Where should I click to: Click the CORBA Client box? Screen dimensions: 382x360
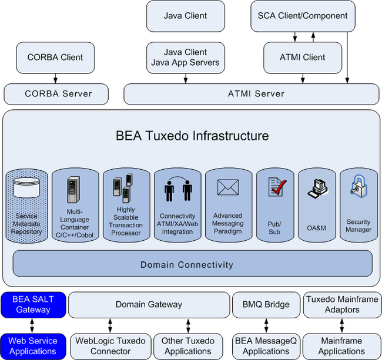point(55,58)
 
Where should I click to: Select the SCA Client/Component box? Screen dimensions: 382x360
point(303,16)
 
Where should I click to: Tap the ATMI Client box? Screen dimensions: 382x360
point(303,58)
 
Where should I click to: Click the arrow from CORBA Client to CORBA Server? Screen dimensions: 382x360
point(56,79)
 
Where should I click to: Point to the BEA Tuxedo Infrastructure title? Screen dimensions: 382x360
point(192,136)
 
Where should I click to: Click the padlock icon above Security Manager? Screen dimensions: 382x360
point(359,186)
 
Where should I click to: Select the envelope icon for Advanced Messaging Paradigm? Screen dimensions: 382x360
point(228,187)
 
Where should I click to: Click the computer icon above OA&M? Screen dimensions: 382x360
point(317,188)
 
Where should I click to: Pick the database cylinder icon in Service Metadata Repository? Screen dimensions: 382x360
point(26,187)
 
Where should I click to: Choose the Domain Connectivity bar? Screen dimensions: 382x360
point(192,263)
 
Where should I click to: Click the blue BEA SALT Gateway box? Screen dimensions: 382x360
point(33,305)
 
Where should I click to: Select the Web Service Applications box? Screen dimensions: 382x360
point(33,346)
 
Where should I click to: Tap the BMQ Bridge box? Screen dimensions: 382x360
point(266,305)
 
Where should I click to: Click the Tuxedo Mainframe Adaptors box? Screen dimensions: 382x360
point(342,305)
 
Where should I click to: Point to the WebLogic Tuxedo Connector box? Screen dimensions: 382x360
point(110,346)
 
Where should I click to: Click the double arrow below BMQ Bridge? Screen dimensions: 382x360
point(266,326)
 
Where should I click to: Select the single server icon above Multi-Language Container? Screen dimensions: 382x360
point(73,190)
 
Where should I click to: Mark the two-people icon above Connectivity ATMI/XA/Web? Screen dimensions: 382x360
point(178,189)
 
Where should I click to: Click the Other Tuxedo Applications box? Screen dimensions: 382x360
point(188,346)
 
